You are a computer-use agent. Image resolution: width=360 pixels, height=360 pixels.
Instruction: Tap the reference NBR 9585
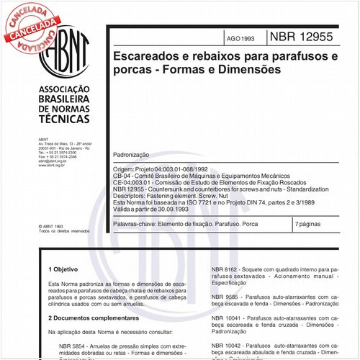click(x=227, y=296)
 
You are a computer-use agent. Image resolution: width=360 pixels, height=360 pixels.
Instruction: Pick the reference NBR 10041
click(x=228, y=317)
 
